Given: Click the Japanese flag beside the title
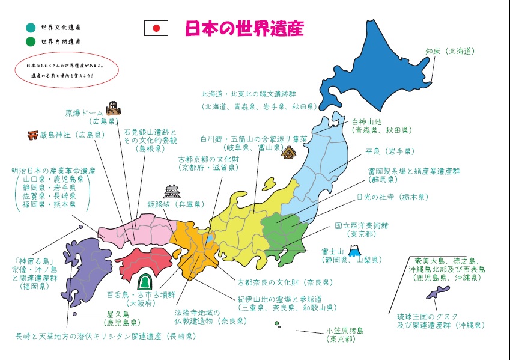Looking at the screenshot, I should point(156,28).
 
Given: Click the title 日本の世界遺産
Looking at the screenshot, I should point(244,28).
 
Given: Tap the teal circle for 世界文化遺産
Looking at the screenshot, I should point(31,27).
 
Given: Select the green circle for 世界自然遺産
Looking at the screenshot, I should point(31,42).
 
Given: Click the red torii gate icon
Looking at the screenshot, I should point(32,135).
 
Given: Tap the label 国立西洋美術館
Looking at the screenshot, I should point(362,226).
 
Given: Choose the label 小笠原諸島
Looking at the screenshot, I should point(345,331).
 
